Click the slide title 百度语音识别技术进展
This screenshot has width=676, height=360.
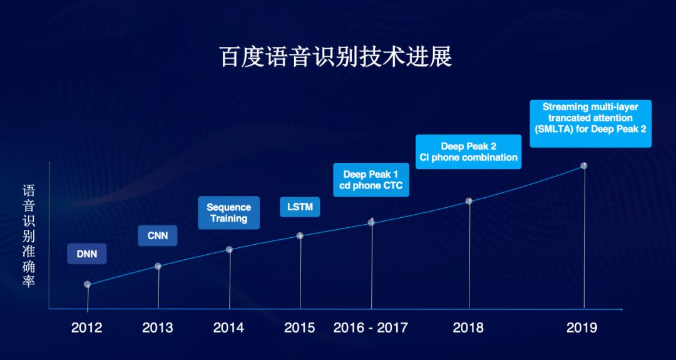click(336, 58)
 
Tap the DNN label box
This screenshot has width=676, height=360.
click(86, 254)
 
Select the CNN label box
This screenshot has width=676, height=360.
click(157, 236)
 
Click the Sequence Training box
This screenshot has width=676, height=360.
click(229, 212)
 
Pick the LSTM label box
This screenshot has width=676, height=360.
click(300, 207)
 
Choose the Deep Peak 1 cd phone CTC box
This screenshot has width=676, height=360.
click(371, 180)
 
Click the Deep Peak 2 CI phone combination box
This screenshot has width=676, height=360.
click(469, 152)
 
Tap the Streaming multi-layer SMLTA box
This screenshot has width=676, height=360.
click(591, 124)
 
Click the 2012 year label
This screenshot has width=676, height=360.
click(86, 327)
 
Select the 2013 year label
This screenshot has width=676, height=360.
click(158, 327)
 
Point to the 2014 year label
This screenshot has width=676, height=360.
click(228, 327)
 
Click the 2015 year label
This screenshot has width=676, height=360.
click(300, 327)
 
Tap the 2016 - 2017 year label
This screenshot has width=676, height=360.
click(371, 327)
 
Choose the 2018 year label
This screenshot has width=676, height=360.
click(468, 327)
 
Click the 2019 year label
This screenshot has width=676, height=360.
click(582, 327)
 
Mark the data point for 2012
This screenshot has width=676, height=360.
click(88, 284)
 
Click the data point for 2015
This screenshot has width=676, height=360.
click(300, 235)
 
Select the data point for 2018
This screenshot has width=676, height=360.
click(469, 201)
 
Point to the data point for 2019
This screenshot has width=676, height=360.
click(584, 165)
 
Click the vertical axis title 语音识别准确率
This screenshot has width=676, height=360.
click(29, 236)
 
